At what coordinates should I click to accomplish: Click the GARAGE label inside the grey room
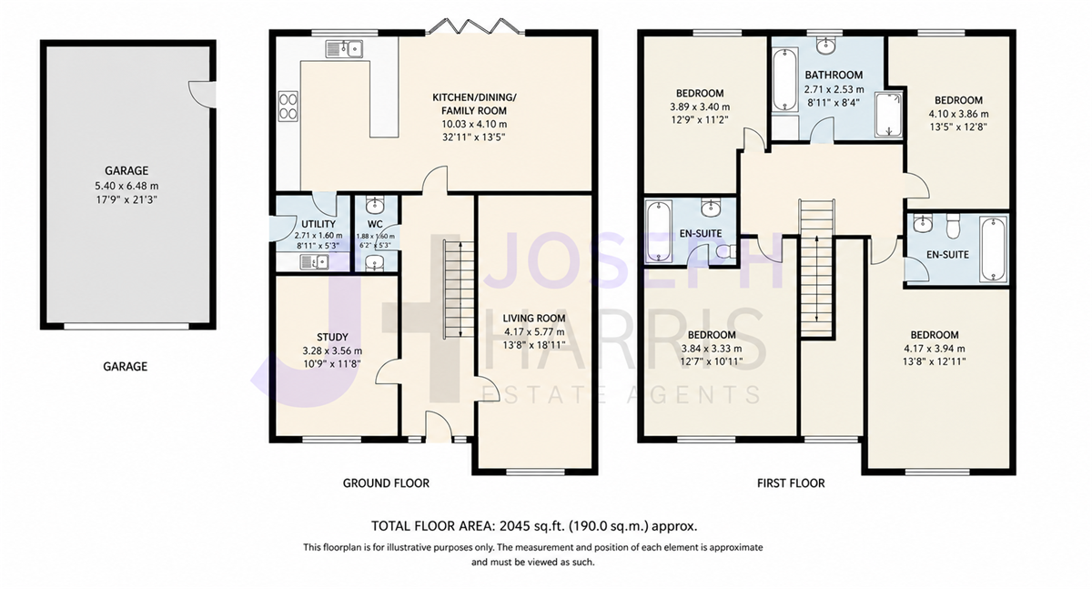[126, 170]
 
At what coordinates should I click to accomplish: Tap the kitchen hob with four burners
[288, 107]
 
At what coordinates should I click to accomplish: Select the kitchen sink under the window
[344, 49]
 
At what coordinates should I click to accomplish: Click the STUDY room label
[332, 337]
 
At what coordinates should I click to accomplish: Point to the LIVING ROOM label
[534, 319]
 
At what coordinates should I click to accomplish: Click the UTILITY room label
[318, 224]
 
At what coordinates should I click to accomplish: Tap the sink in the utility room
[314, 262]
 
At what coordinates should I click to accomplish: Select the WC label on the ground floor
[375, 224]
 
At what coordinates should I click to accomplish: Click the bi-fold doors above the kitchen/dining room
[475, 26]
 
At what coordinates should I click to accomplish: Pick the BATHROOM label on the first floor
[834, 75]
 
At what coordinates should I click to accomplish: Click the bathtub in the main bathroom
[785, 79]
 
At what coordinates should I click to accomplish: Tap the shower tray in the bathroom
[889, 115]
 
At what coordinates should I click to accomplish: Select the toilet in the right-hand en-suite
[953, 227]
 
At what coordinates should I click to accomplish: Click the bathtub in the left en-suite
[658, 231]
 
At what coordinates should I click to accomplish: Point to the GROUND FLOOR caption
[386, 483]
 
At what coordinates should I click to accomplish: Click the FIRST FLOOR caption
[791, 483]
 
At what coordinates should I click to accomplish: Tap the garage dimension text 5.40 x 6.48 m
[126, 186]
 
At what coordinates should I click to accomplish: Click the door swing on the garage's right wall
[202, 94]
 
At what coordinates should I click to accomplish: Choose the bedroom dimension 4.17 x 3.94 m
[935, 349]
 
